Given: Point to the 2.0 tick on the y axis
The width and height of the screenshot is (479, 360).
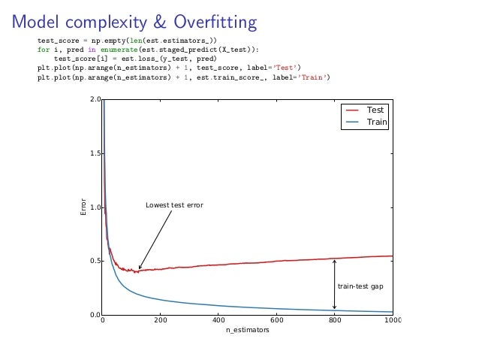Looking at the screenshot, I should click(95, 100).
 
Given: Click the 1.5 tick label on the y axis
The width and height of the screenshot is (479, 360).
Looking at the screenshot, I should click(95, 153).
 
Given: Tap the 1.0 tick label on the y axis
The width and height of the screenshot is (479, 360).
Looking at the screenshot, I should click(95, 207).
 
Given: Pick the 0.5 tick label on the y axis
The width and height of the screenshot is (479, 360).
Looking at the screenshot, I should click(95, 261).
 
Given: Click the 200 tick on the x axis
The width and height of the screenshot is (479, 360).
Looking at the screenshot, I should click(161, 321).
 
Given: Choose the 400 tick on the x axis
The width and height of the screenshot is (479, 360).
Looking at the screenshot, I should click(218, 321).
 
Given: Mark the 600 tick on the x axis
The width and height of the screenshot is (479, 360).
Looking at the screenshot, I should click(276, 321).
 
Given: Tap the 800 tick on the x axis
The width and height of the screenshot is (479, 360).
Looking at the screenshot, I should click(334, 321).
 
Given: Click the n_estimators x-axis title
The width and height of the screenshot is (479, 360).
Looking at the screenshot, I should click(247, 331).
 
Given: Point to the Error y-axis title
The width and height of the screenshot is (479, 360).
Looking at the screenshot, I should click(84, 207).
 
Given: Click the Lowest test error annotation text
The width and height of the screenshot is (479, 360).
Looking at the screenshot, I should click(174, 205).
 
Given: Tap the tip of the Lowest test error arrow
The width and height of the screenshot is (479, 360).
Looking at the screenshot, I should click(139, 269).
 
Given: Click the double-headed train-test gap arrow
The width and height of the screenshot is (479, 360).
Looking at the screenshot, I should click(334, 285).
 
